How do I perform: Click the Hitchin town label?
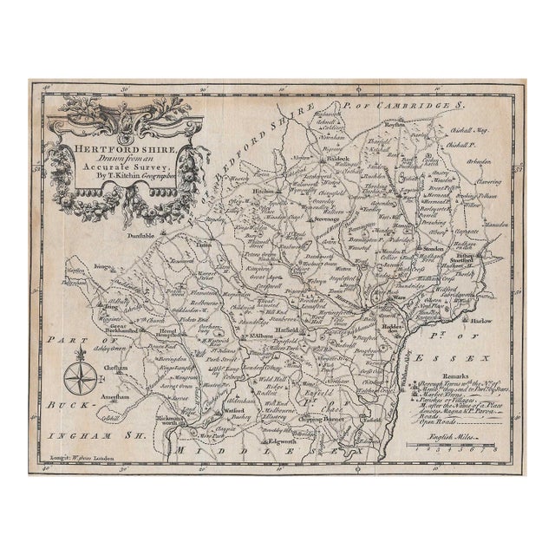coord(239,188)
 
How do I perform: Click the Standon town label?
coord(435,247)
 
